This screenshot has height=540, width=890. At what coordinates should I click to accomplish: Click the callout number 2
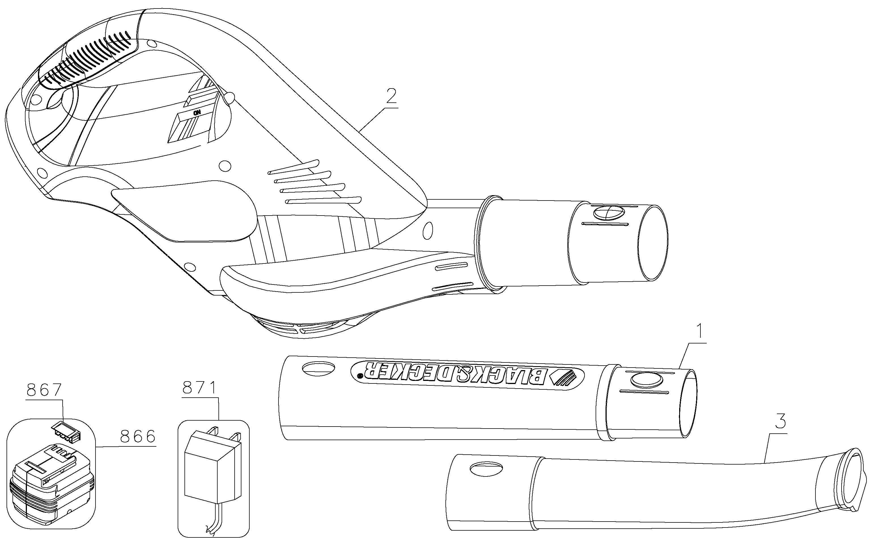point(391,96)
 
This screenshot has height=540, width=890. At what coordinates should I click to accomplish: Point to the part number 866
point(138,437)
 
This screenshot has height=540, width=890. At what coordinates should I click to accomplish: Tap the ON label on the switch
point(197,113)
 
